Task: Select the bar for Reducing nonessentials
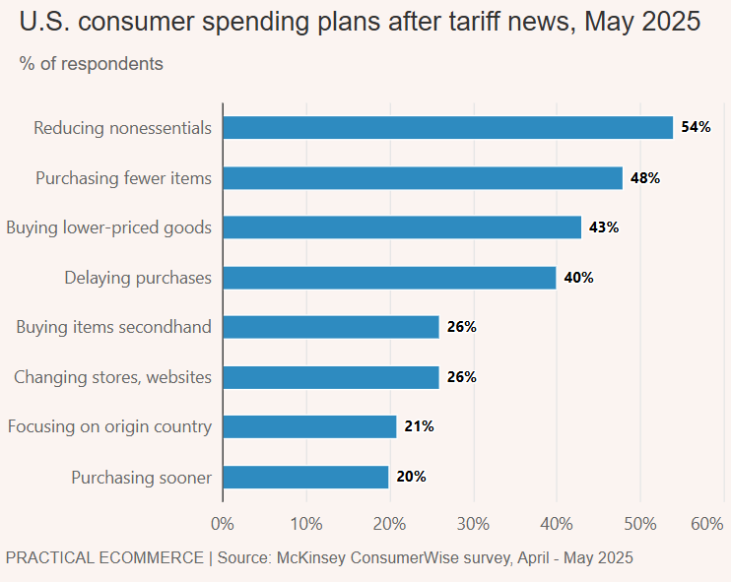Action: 448,128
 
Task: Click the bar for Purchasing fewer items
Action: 423,178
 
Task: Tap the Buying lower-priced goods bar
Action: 402,227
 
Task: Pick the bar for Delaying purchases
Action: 390,278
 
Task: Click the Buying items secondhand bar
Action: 331,327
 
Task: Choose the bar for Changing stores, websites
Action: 331,377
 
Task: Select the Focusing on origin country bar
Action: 310,426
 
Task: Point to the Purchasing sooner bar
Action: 305,478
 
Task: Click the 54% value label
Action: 696,127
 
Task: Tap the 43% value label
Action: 604,227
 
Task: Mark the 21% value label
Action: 419,426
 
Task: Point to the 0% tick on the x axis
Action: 223,524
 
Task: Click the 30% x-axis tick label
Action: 473,524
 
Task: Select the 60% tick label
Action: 707,524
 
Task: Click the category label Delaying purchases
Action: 138,278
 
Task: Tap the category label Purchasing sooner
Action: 142,478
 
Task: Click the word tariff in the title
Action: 475,22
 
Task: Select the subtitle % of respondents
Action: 92,64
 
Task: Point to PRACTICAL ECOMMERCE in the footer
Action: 104,557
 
